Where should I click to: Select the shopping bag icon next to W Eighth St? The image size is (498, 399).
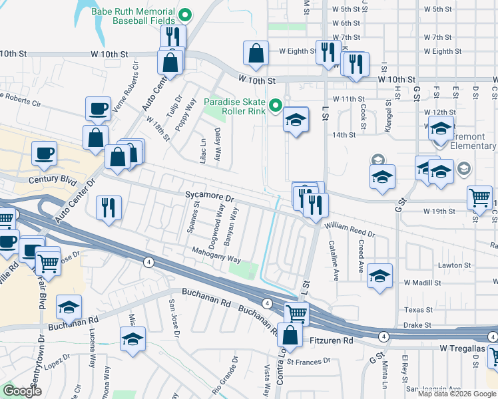[x=256, y=53]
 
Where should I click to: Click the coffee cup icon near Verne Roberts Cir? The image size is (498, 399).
[x=98, y=109]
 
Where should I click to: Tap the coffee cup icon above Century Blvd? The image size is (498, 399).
[x=45, y=154]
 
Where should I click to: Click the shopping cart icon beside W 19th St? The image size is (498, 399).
[x=481, y=198]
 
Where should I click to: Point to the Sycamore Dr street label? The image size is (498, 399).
[x=210, y=198]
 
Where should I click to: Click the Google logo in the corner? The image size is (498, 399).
[x=22, y=390]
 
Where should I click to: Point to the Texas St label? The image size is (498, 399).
[x=418, y=310]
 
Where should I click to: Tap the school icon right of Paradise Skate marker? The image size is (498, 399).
[x=296, y=120]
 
